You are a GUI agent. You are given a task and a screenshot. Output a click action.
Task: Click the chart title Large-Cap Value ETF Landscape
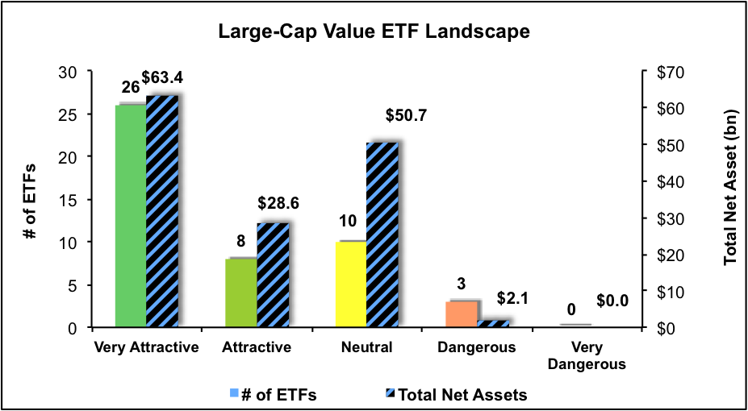(x=374, y=33)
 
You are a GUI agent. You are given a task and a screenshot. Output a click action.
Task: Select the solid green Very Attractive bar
(x=131, y=216)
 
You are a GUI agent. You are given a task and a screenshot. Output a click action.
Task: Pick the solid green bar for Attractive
(x=241, y=293)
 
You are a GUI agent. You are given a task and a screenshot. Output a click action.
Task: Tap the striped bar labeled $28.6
(x=272, y=275)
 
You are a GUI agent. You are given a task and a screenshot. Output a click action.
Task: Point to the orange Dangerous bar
(x=461, y=313)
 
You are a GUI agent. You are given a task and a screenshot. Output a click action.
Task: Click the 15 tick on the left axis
(x=76, y=200)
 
